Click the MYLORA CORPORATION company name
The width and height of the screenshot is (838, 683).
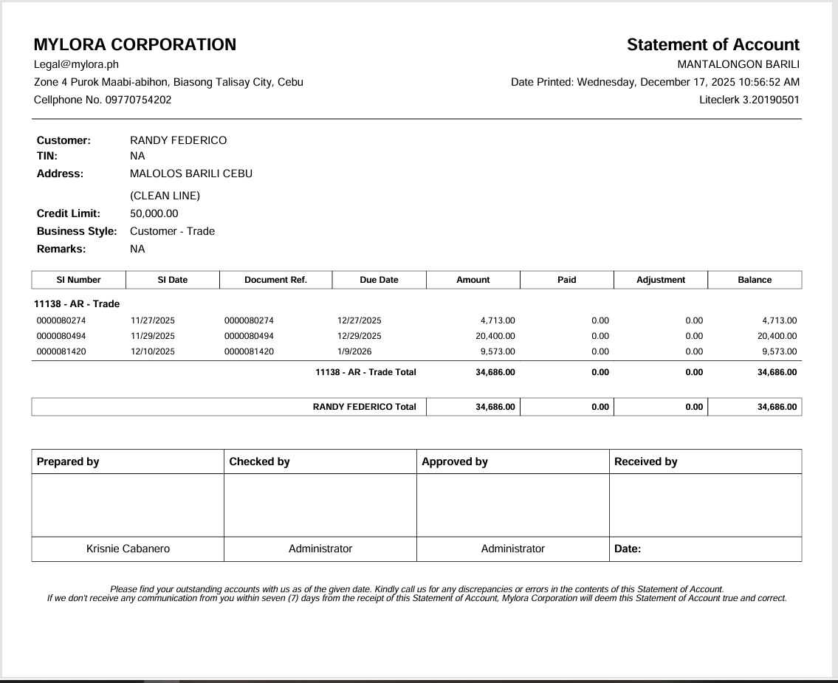coord(135,44)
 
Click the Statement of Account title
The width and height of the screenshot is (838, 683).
coord(712,44)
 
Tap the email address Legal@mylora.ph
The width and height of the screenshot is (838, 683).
coord(76,64)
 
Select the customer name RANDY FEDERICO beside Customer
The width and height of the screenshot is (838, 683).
coord(178,140)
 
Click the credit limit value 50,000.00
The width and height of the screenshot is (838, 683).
coord(154,213)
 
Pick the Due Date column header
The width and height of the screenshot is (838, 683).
coord(379,280)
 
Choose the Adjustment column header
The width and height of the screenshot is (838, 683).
coord(660,280)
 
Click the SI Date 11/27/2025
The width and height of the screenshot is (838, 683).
coord(153,320)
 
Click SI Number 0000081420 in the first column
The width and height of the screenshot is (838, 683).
coord(61,351)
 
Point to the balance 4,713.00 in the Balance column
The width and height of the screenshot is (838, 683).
coord(779,320)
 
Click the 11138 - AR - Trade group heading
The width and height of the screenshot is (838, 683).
coord(77,303)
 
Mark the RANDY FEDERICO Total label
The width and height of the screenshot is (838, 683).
coord(364,407)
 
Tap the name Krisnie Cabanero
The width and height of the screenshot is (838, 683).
coord(128,549)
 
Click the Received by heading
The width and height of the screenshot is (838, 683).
coord(645,461)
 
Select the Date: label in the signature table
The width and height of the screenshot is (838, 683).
coord(628,549)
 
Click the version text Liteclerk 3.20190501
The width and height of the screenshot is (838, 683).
coord(749,100)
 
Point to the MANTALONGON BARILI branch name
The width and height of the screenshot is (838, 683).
coord(738,64)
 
